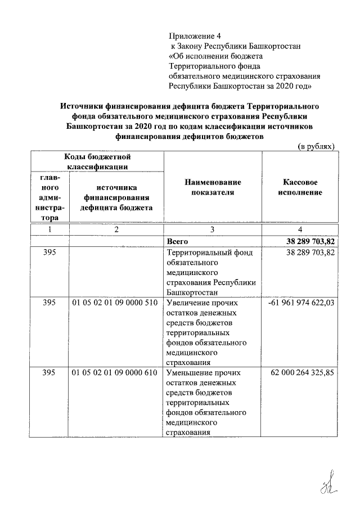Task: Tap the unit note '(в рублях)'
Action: click(316, 146)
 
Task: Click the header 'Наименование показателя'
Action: click(212, 188)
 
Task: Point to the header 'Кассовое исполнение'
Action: click(303, 188)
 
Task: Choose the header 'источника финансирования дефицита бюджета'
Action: click(116, 197)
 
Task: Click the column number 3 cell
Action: click(212, 229)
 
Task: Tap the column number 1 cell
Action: click(49, 229)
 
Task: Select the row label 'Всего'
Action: click(178, 241)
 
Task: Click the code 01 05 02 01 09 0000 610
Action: click(115, 373)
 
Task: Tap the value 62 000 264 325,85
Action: click(303, 373)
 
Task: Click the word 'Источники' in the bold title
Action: click(80, 106)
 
